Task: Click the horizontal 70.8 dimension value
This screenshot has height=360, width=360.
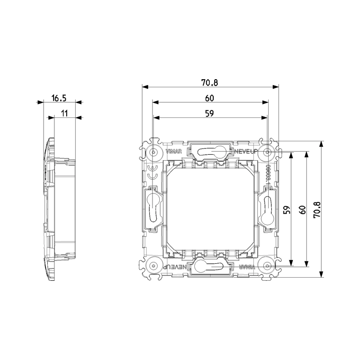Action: pyautogui.click(x=210, y=82)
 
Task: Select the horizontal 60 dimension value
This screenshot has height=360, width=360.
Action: pyautogui.click(x=210, y=98)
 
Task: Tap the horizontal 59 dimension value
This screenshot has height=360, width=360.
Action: pyautogui.click(x=210, y=114)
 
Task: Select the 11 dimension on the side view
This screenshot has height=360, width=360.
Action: pyautogui.click(x=64, y=114)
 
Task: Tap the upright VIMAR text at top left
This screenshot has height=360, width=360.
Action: pyautogui.click(x=174, y=152)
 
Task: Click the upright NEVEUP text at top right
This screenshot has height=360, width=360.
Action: pyautogui.click(x=245, y=152)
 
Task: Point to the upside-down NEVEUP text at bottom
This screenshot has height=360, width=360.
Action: pyautogui.click(x=174, y=267)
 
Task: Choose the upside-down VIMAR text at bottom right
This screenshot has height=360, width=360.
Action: pyautogui.click(x=246, y=267)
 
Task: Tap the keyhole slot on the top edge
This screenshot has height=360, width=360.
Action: pyautogui.click(x=210, y=151)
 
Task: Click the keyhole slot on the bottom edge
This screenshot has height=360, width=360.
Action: pyautogui.click(x=210, y=267)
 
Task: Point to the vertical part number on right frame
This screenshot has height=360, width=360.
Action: pyautogui.click(x=268, y=175)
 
